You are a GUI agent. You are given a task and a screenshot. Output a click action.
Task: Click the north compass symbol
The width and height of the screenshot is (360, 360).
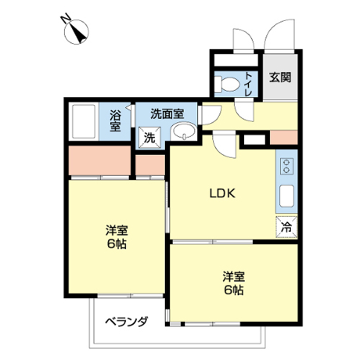tap(76, 32)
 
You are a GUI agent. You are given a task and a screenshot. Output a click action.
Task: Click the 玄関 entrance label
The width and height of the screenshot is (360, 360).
tap(280, 77)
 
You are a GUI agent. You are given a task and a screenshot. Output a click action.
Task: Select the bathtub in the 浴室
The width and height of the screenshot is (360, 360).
tap(84, 122)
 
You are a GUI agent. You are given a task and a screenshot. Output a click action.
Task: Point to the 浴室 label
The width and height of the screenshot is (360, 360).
tap(115, 120)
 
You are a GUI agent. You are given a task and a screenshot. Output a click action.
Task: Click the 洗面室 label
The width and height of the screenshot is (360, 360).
tap(167, 114)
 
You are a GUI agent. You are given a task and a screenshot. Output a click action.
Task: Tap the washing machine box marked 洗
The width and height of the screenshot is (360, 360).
tap(150, 138)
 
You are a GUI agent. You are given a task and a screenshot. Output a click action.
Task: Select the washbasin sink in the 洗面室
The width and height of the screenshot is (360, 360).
tap(184, 131)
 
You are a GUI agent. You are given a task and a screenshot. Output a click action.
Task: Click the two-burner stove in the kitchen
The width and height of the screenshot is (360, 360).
tap(287, 166)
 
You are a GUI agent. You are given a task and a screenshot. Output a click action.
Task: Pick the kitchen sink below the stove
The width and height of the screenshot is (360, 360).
tap(287, 196)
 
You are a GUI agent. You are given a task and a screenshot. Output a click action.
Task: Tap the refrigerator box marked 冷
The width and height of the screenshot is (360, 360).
tap(287, 227)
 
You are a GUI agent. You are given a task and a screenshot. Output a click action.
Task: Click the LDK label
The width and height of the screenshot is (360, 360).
tap(222, 194)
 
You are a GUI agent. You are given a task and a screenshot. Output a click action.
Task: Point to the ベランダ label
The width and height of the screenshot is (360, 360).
tap(127, 322)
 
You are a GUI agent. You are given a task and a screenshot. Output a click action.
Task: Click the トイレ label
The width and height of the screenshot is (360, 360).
tap(248, 84)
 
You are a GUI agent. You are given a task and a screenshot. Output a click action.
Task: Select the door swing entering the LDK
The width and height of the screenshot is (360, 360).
tap(225, 145)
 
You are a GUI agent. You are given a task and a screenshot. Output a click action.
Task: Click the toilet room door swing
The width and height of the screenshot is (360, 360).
tap(244, 110)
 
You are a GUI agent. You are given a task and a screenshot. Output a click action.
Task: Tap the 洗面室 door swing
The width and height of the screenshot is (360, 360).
tap(212, 115)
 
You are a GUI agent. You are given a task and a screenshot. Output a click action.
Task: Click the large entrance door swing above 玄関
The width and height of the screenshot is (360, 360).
tap(279, 35)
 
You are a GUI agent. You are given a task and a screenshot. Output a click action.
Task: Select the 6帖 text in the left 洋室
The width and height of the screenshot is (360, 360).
tap(117, 244)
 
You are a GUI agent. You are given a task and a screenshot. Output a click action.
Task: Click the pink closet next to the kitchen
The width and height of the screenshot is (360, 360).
tap(284, 138)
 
